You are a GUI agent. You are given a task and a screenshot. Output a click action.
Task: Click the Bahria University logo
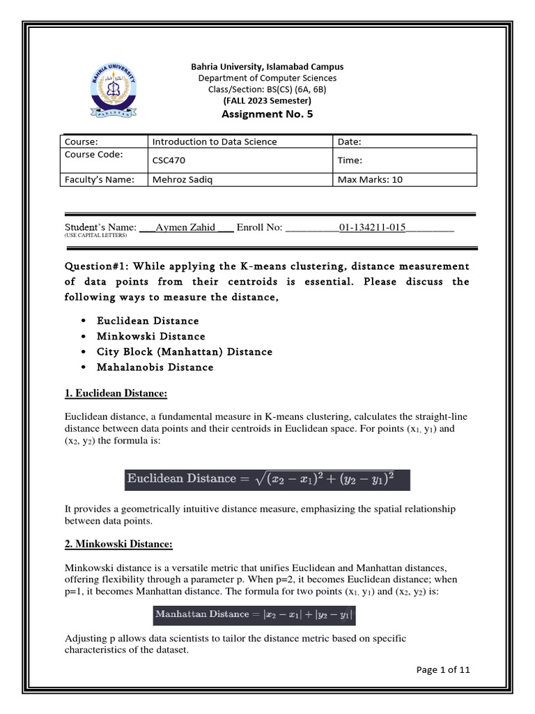click(111, 90)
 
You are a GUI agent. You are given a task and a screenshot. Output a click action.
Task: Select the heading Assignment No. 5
click(267, 114)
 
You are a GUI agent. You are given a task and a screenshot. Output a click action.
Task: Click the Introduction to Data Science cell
click(215, 142)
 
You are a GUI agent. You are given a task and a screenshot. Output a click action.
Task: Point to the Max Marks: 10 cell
click(370, 179)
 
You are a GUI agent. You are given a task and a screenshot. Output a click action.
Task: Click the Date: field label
click(350, 142)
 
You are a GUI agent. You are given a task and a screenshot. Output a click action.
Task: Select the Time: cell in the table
click(350, 160)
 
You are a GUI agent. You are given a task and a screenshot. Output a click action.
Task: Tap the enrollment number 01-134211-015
click(372, 227)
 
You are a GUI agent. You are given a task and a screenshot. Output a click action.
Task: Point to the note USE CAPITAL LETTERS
click(96, 236)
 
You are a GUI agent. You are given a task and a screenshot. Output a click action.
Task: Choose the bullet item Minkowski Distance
click(151, 336)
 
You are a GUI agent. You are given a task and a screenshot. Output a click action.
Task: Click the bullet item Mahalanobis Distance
click(155, 367)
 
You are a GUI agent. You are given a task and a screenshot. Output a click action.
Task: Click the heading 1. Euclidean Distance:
click(116, 395)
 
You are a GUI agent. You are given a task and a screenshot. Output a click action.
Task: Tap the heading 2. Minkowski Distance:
click(118, 544)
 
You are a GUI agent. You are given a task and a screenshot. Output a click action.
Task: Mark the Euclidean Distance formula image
click(267, 479)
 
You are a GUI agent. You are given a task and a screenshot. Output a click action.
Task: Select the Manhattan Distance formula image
click(254, 614)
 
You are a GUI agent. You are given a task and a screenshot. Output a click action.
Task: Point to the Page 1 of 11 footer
click(443, 670)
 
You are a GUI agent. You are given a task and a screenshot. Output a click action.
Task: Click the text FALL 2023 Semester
click(267, 100)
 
